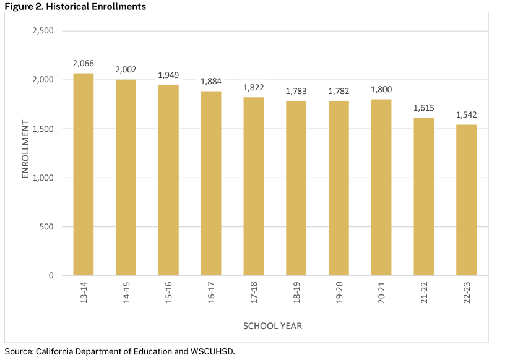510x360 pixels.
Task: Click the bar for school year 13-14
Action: click(84, 174)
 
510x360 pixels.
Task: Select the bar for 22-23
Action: click(466, 200)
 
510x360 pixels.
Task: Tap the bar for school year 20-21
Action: click(381, 187)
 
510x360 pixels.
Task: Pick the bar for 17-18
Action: click(254, 186)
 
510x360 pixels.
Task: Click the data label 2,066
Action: click(83, 64)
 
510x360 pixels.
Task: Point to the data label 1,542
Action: click(466, 115)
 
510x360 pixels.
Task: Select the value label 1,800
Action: click(381, 90)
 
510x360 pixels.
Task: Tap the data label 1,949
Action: click(168, 75)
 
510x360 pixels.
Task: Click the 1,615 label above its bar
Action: click(424, 108)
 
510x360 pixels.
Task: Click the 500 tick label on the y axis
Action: click(47, 227)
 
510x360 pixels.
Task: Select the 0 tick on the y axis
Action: click(51, 276)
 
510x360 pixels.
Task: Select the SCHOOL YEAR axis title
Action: click(272, 325)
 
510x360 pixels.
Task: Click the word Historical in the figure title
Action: click(68, 7)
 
